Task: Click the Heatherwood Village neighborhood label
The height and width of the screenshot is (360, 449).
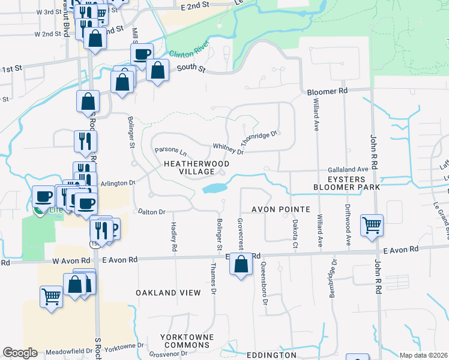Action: [x=188, y=167]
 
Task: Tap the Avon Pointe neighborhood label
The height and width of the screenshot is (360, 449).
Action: [x=280, y=209]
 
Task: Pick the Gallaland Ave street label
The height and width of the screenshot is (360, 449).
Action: [x=348, y=170]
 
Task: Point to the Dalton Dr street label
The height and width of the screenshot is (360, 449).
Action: [x=151, y=211]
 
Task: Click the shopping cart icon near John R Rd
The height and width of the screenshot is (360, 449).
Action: [x=372, y=225]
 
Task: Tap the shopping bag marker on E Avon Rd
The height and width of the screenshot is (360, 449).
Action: [x=241, y=264]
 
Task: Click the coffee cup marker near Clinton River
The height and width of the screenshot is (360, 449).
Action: [x=142, y=54]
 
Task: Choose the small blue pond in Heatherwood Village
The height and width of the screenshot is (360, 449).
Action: [x=214, y=188]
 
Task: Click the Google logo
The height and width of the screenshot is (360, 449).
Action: [x=20, y=353]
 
